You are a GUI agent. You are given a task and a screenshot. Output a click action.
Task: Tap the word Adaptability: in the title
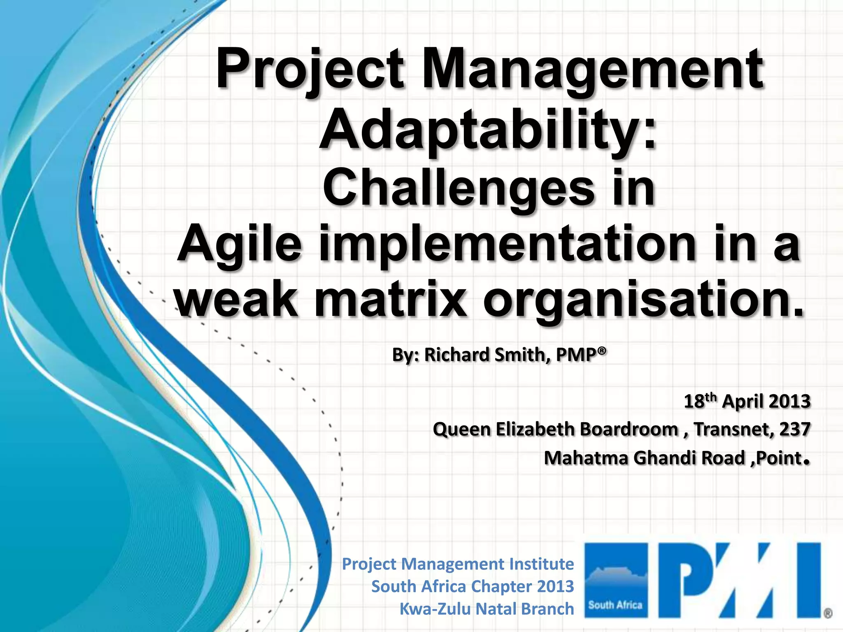(x=488, y=129)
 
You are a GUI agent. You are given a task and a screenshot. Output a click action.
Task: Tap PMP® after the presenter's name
(x=581, y=354)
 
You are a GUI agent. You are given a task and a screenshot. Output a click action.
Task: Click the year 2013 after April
(x=789, y=401)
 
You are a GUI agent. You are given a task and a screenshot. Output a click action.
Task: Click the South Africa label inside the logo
(x=615, y=605)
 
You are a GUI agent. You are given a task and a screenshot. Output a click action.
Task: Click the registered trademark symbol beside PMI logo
(x=828, y=613)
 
